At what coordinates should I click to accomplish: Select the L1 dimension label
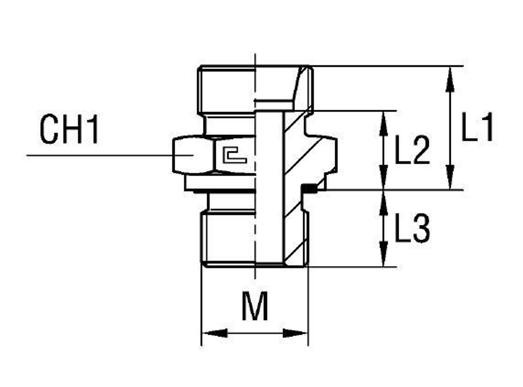(477, 128)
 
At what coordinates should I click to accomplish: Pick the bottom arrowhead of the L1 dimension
(449, 181)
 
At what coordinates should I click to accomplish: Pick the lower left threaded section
(228, 238)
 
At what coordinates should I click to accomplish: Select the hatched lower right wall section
(295, 235)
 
